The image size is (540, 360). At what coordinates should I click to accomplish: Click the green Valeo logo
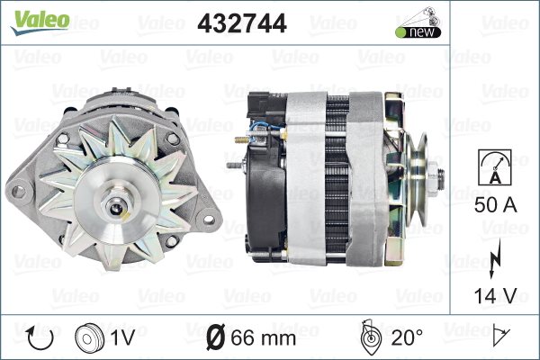click(x=40, y=22)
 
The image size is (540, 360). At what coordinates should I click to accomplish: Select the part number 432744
click(x=242, y=23)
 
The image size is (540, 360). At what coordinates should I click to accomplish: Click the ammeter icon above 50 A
click(x=495, y=167)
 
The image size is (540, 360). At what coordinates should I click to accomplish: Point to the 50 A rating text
click(x=496, y=205)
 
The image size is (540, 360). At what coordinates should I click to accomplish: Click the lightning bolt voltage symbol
click(x=495, y=258)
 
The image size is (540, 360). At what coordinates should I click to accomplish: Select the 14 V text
click(x=496, y=295)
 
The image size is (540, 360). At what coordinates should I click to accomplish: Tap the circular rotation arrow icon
click(x=40, y=338)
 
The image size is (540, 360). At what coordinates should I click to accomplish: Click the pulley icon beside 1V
click(x=89, y=337)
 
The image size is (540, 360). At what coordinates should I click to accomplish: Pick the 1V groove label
click(x=123, y=337)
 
